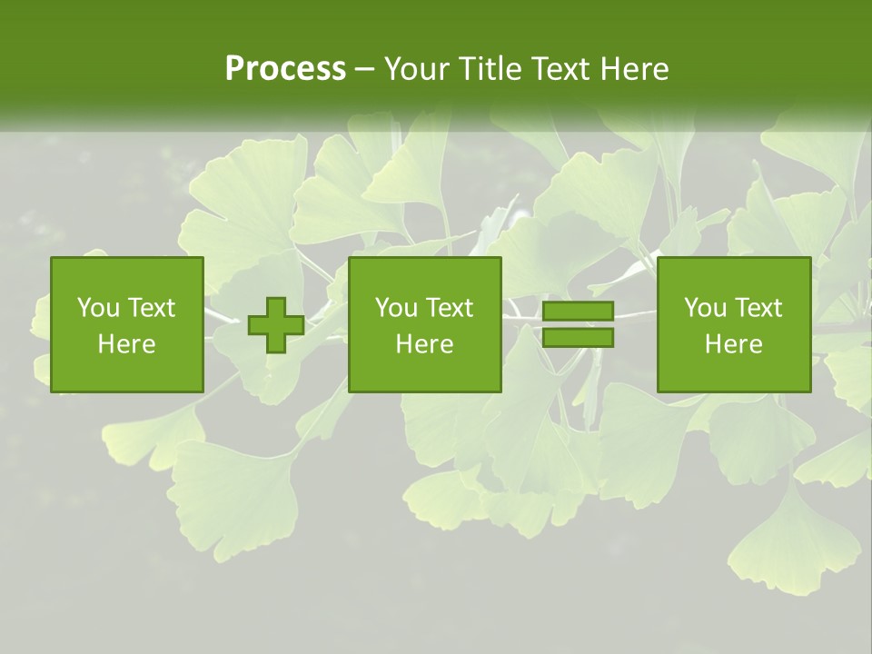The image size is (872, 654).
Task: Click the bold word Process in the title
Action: coord(285,68)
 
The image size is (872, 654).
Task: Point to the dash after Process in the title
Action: coord(364,69)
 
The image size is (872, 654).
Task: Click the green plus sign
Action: coord(276,325)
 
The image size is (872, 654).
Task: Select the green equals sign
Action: coord(578,325)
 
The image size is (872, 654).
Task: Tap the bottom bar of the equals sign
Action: coord(578,338)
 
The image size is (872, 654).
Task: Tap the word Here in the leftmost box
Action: coord(127,344)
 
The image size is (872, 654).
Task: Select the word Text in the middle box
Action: coord(449,308)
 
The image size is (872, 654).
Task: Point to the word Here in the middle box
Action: coord(425,344)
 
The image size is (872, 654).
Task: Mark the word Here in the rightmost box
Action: coord(734,344)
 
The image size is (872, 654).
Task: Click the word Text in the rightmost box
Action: coord(758,308)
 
